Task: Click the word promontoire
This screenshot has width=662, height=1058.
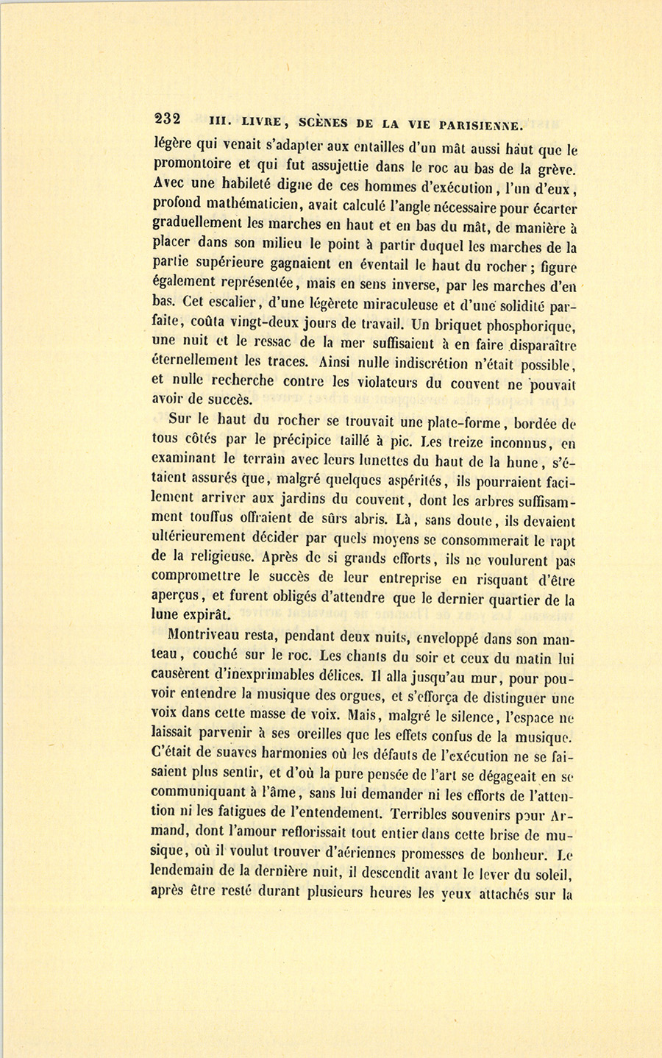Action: point(195,164)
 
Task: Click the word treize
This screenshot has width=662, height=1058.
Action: point(461,443)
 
